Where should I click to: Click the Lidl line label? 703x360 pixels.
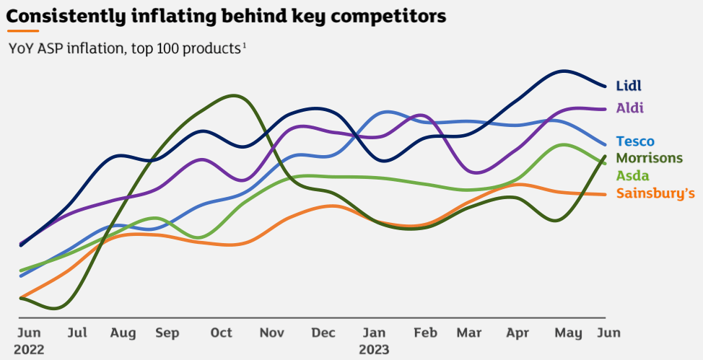click(629, 86)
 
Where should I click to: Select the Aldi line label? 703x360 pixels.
click(629, 108)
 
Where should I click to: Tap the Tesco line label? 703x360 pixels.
click(635, 141)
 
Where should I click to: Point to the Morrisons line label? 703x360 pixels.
click(649, 158)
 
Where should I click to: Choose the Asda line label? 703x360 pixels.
click(632, 175)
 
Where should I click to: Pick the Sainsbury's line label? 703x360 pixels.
click(655, 193)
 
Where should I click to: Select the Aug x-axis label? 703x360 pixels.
click(123, 333)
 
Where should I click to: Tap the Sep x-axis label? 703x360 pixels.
click(167, 333)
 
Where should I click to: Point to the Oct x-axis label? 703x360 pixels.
click(222, 333)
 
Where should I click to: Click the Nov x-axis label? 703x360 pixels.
click(272, 333)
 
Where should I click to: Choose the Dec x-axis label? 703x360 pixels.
click(323, 333)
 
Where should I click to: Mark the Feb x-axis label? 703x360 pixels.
click(425, 333)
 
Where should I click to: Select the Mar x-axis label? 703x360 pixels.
click(469, 333)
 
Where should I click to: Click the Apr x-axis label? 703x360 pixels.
click(518, 333)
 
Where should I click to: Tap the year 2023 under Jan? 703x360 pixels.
click(374, 350)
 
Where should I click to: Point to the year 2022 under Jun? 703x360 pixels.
click(29, 350)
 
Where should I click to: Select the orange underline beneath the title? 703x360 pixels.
click(23, 31)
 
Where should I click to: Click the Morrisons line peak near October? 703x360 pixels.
click(232, 95)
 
